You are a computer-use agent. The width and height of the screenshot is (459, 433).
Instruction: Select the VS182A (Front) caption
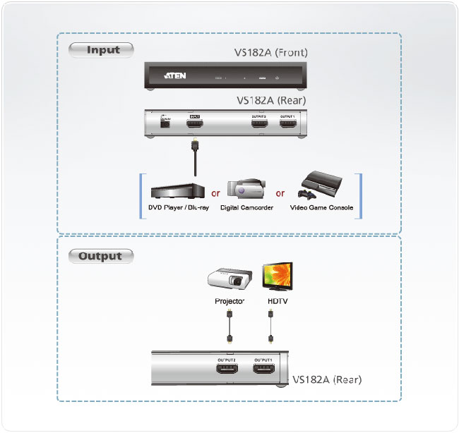pos(271,52)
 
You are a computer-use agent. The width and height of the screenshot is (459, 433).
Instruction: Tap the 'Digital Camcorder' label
pos(246,208)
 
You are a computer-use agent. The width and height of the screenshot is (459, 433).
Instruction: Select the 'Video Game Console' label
pos(321,208)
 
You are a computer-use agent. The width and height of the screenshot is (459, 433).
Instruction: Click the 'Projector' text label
pos(229,301)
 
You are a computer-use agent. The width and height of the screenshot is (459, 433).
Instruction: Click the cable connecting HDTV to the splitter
pos(272,328)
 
